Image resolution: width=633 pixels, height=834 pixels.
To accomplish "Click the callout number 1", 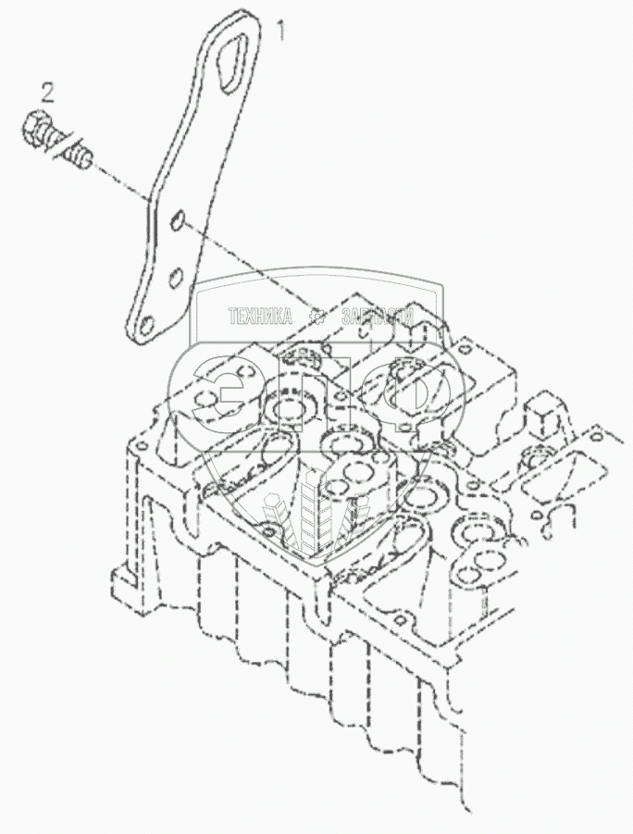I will point(282,33).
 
